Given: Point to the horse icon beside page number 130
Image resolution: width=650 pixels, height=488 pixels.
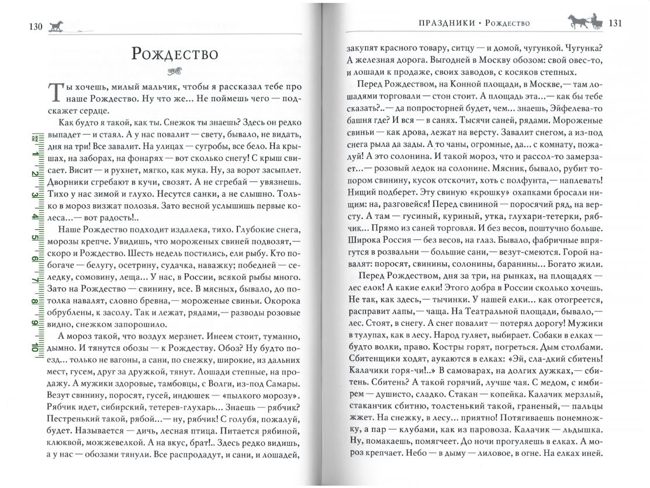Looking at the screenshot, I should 56,26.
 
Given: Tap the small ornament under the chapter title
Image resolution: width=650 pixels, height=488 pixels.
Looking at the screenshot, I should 174,73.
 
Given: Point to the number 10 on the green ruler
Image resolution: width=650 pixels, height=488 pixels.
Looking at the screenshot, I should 36,346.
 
